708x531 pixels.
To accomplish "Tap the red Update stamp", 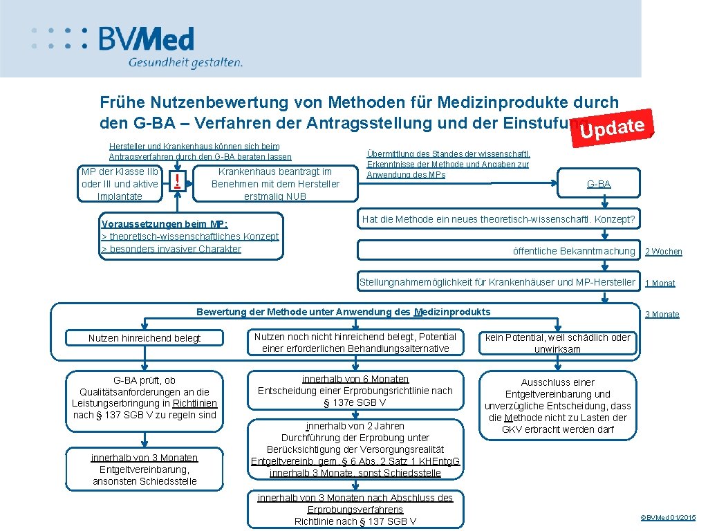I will point(614,128).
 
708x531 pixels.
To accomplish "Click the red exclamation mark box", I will point(178,183).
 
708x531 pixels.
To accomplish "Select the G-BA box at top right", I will point(598,184).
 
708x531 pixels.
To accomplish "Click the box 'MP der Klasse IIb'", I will point(120,184).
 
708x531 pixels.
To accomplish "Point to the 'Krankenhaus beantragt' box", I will point(275,184).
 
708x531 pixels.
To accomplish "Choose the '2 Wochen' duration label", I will point(663,252).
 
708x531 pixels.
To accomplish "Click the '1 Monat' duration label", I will point(660,283).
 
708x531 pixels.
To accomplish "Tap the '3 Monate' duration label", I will point(662,314).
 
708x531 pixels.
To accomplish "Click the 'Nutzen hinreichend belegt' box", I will point(145,338).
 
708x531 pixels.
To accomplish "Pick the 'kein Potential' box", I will point(557,343).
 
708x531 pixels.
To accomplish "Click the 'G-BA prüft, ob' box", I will point(145,398).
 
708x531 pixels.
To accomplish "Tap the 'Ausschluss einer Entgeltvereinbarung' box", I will point(557,405).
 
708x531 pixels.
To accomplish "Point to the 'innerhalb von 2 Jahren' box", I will point(355,449).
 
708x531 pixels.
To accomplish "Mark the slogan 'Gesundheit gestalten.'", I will point(185,62).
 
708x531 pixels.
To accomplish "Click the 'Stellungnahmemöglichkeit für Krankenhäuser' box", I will point(497,282).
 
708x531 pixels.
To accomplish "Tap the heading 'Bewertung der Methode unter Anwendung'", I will point(344,312).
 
